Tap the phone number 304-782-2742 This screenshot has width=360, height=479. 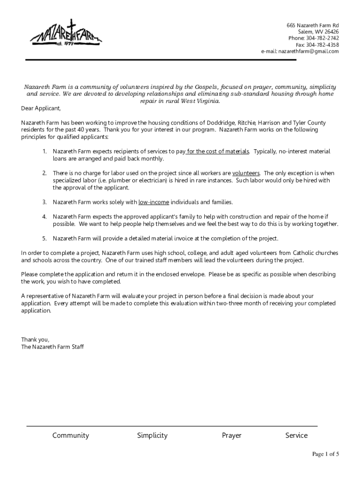[323, 38]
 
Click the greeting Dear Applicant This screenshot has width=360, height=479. [41, 109]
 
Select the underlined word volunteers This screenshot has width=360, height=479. [246, 173]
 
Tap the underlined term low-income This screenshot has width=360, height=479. [153, 202]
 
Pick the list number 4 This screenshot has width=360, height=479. [44, 217]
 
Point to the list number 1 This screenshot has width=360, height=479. [44, 152]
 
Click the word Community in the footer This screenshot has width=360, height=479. [71, 435]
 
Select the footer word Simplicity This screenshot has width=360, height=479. [152, 435]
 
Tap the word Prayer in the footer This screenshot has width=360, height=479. [231, 435]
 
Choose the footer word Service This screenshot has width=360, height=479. [296, 435]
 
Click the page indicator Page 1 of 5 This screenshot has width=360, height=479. [325, 454]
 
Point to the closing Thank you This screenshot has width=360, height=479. [35, 340]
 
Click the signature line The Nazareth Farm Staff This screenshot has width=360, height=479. [52, 347]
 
